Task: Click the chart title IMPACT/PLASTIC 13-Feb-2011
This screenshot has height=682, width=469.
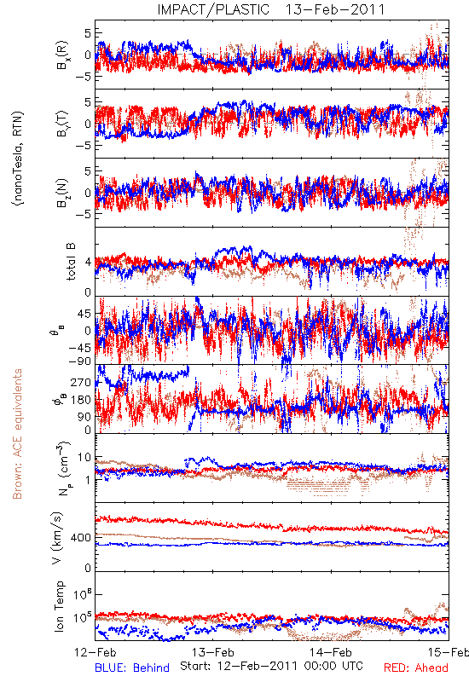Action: [x=271, y=9]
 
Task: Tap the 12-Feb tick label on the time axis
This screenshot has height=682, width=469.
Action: [x=96, y=652]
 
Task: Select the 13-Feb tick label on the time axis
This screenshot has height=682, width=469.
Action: [x=213, y=652]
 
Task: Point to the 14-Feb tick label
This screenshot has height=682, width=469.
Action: [x=331, y=652]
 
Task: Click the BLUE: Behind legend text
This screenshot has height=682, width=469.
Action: [x=132, y=668]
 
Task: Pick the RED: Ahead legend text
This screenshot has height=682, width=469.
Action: [x=416, y=668]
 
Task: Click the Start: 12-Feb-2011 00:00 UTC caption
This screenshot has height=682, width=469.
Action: [x=271, y=666]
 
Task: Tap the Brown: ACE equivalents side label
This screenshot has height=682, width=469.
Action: [x=17, y=434]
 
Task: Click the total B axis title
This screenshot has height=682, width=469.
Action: [x=71, y=262]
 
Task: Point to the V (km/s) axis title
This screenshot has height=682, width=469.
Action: [x=57, y=538]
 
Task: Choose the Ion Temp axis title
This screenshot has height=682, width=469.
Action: [x=60, y=606]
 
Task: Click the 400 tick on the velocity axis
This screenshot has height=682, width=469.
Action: [x=81, y=538]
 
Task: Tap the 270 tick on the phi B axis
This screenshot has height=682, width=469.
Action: [x=81, y=383]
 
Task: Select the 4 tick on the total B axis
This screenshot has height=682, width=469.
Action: [x=89, y=263]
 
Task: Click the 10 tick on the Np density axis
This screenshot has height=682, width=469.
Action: [x=84, y=458]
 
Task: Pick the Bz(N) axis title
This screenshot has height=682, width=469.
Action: [x=62, y=193]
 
